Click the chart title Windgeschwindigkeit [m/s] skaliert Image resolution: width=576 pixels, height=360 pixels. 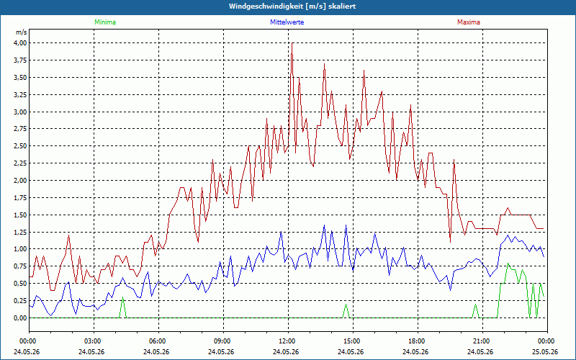292,6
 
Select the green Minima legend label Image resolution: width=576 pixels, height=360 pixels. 105,22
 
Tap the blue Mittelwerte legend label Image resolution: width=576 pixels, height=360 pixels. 287,22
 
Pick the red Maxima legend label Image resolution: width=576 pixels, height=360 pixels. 469,22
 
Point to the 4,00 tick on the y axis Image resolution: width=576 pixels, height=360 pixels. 20,43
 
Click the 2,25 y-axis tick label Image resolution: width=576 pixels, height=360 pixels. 20,163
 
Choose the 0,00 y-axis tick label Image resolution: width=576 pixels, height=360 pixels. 20,318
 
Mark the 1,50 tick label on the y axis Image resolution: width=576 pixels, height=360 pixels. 20,215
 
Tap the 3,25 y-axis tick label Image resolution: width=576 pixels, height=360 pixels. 20,94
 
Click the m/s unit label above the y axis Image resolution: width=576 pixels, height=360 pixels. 22,32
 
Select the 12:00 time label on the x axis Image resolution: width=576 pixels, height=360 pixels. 288,341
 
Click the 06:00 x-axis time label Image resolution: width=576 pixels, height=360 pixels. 158,341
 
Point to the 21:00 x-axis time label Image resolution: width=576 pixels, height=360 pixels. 482,341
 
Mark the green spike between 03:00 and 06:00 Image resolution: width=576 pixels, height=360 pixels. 122,307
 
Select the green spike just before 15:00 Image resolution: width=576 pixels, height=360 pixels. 346,311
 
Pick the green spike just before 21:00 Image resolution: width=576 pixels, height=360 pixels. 475,311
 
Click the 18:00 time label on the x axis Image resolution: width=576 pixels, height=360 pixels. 418,341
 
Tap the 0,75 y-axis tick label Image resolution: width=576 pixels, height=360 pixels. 20,266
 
